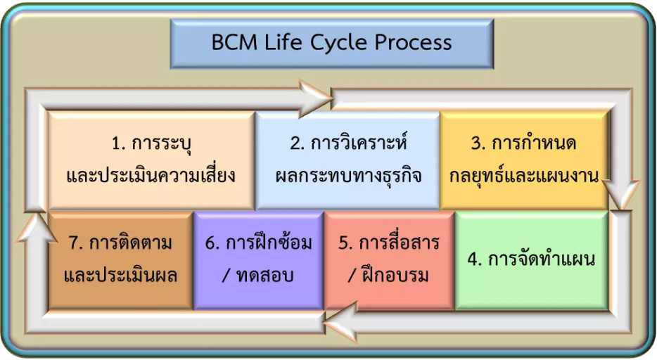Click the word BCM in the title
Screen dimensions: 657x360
[x=234, y=42]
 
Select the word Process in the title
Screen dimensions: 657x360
[x=413, y=42]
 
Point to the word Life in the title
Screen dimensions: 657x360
[x=283, y=42]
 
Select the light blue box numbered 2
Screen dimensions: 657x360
[x=347, y=160]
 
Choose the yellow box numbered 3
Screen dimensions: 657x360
[x=524, y=160]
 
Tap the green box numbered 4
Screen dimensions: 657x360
[x=532, y=260]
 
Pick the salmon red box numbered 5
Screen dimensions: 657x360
[x=389, y=260]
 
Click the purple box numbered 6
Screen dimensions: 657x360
[x=259, y=260]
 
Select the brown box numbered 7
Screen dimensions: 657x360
[x=120, y=260]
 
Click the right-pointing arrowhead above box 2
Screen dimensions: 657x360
[x=316, y=99]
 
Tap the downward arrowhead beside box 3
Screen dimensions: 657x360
[x=621, y=195]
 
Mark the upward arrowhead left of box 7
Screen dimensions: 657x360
[x=37, y=228]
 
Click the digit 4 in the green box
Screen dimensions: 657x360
[x=474, y=260]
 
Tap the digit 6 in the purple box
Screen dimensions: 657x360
[x=210, y=243]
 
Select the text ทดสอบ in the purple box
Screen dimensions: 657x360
[x=264, y=276]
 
